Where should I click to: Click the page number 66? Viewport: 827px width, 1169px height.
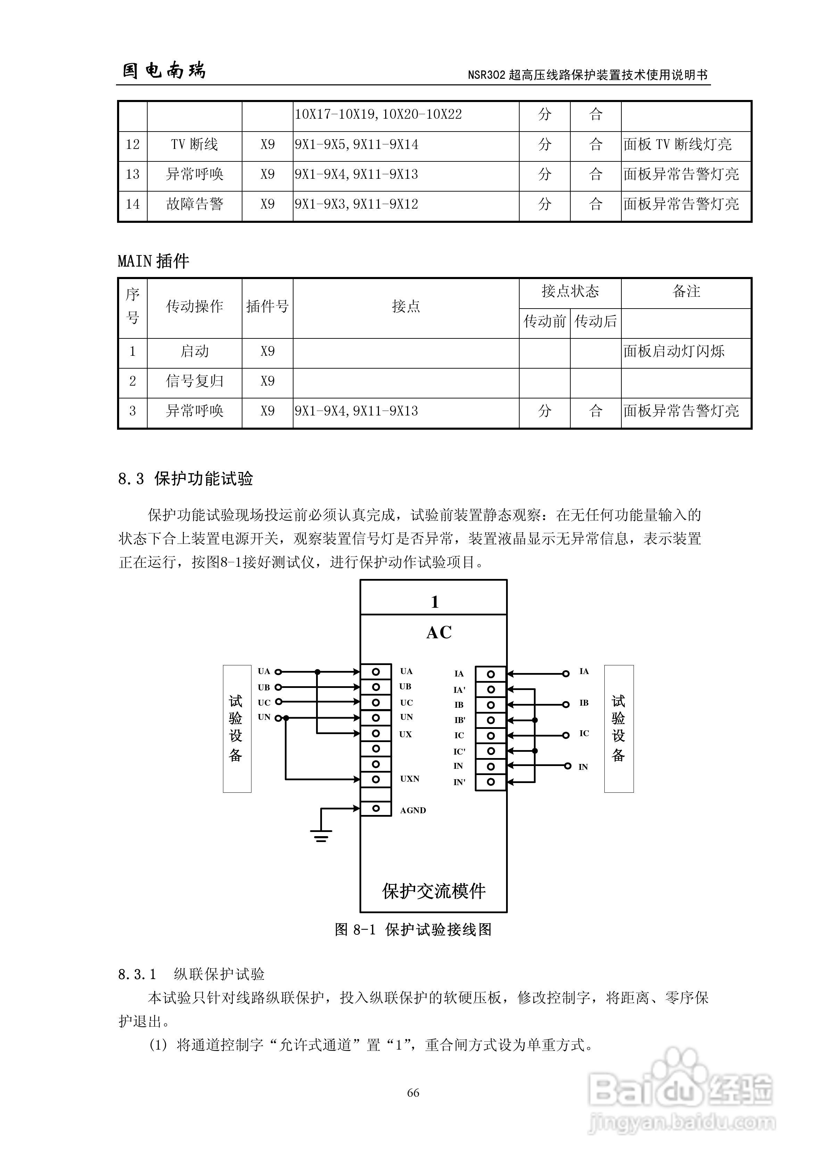coord(413,1092)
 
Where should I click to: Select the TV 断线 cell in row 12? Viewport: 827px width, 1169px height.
coord(194,145)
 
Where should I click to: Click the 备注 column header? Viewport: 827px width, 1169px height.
coord(686,292)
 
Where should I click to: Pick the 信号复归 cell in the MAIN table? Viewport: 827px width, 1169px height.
coord(194,381)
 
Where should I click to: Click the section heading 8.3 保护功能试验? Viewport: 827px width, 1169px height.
coord(185,479)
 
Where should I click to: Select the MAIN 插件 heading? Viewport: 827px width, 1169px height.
coord(154,262)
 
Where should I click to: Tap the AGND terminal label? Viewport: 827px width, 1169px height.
coord(413,810)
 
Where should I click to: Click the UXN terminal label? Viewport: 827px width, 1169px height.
coord(410,779)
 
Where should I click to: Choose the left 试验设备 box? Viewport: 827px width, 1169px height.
coord(237,729)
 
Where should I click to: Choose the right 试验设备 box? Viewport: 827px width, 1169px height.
coord(619,729)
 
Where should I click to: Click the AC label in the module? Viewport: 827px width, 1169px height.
coord(439,633)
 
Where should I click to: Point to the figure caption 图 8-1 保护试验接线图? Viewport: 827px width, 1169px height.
coord(413,930)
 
